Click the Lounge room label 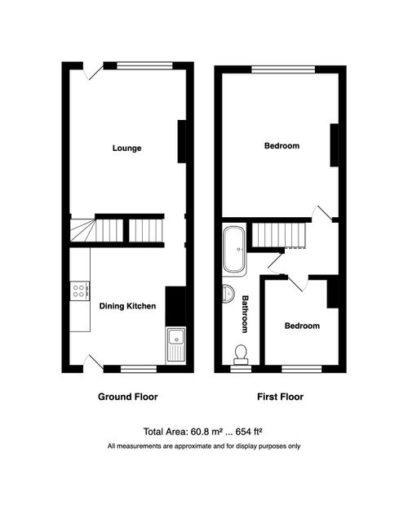126,149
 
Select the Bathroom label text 243,313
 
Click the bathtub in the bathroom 233,250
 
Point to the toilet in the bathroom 241,353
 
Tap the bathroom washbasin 226,293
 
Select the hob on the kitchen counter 80,291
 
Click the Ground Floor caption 128,397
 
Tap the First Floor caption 280,397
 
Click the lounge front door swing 94,71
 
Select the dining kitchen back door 94,362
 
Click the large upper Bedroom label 282,146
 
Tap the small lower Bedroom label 302,326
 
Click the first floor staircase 277,236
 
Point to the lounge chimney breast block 182,141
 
